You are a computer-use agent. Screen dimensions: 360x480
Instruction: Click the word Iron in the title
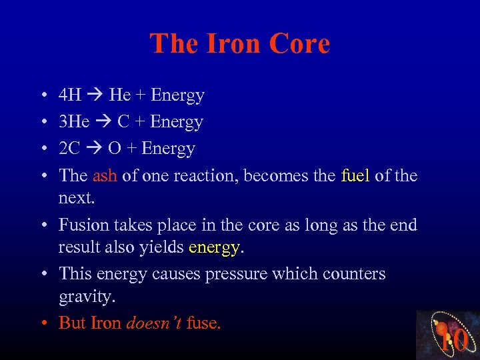click(231, 44)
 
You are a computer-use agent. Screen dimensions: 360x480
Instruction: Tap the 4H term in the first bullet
click(70, 95)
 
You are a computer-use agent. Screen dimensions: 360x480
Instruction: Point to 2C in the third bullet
click(69, 149)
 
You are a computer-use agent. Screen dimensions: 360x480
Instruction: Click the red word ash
click(105, 175)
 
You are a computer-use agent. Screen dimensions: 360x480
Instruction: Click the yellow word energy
click(214, 247)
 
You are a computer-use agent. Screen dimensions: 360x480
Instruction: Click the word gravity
click(84, 296)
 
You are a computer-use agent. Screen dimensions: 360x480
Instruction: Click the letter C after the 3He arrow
click(124, 122)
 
